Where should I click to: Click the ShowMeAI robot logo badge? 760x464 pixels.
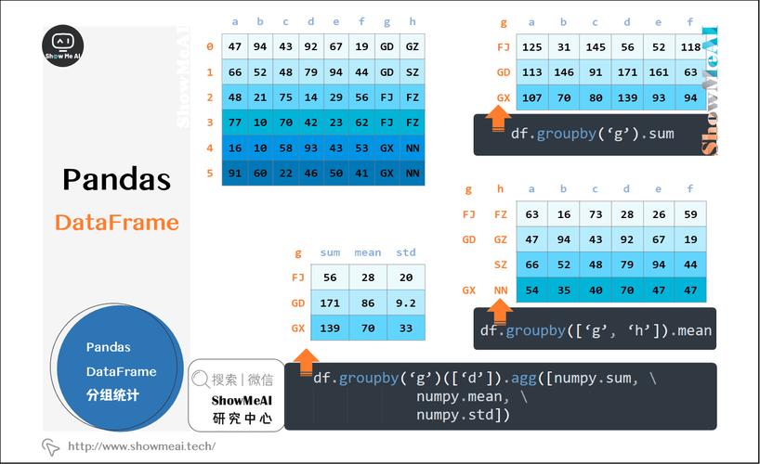[x=63, y=46]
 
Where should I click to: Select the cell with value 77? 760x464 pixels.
[x=235, y=122]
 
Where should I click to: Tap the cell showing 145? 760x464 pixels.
[x=596, y=47]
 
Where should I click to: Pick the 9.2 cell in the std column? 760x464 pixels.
[x=406, y=303]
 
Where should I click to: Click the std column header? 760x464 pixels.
[x=406, y=252]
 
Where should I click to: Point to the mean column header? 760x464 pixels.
[x=368, y=252]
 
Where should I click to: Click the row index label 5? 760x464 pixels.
[x=210, y=173]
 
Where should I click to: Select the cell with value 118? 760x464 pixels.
[x=690, y=47]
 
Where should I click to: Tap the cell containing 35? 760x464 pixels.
[x=564, y=290]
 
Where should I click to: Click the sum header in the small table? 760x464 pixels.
[x=330, y=252]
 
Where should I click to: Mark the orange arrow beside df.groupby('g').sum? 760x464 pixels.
[x=498, y=117]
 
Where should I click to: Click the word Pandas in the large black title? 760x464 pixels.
[x=116, y=179]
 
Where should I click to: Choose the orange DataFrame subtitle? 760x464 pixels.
[x=116, y=223]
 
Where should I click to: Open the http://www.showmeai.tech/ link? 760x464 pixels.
[x=141, y=446]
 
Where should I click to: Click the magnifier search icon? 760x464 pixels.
[x=200, y=380]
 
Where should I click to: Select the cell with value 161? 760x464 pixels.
[x=659, y=72]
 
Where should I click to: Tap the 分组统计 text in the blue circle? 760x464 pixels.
[x=112, y=394]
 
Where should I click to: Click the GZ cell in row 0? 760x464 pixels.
[x=413, y=46]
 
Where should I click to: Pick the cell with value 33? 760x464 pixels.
[x=406, y=328]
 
